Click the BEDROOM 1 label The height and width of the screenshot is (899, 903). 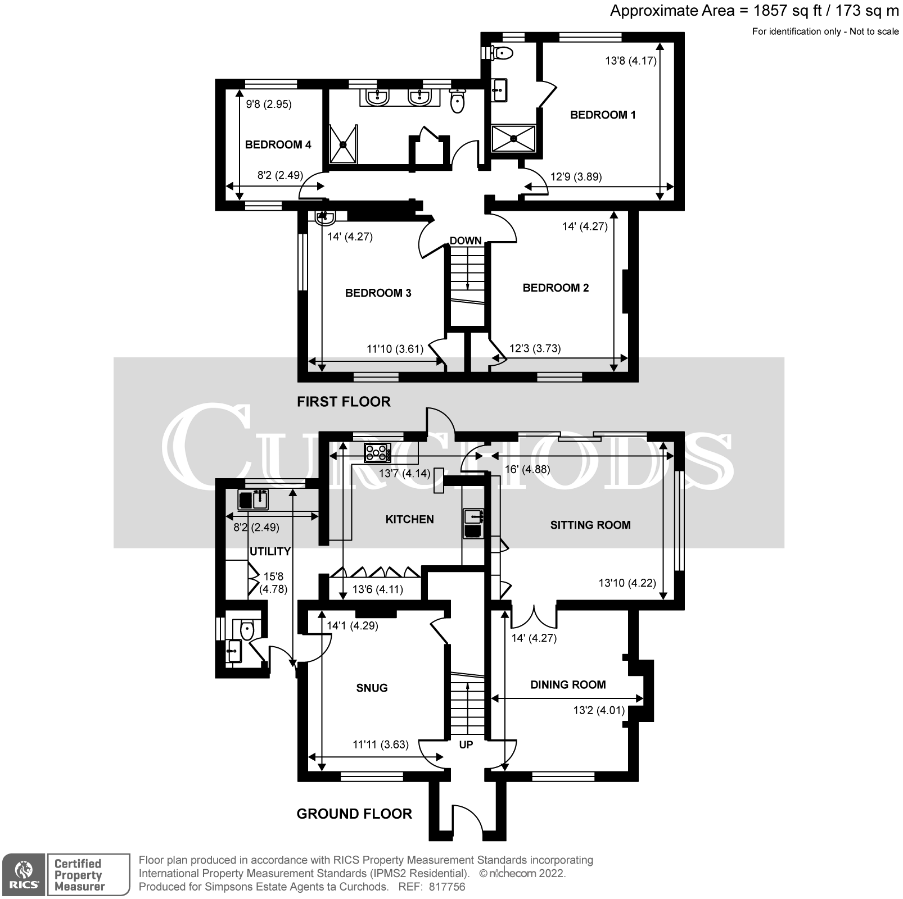click(x=602, y=115)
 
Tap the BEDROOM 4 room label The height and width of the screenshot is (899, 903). click(x=278, y=145)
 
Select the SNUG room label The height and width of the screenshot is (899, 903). click(x=372, y=688)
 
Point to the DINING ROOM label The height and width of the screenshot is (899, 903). click(x=568, y=684)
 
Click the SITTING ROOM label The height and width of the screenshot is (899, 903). click(x=590, y=525)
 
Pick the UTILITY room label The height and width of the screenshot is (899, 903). click(x=270, y=551)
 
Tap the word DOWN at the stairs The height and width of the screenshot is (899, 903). click(x=466, y=240)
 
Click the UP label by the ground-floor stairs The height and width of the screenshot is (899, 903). click(x=466, y=744)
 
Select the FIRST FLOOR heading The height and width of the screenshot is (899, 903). click(x=344, y=402)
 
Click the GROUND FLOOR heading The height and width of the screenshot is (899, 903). click(x=354, y=814)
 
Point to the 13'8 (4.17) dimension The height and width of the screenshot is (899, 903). click(x=630, y=61)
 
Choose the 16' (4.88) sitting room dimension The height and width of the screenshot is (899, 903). click(x=527, y=469)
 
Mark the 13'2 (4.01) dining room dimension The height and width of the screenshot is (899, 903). click(x=599, y=710)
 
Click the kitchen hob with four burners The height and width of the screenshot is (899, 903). click(x=377, y=452)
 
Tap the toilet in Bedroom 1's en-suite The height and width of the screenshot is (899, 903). click(x=502, y=53)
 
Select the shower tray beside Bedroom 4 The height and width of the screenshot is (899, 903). click(x=343, y=144)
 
